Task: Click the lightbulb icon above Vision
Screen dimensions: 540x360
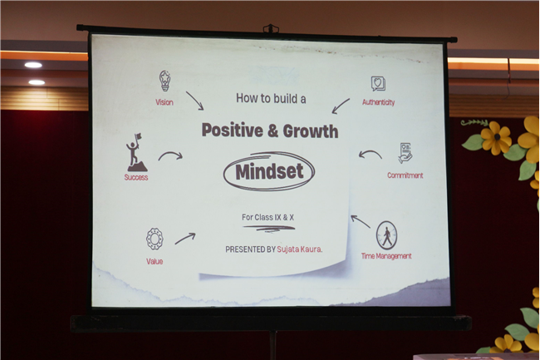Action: pos(165,81)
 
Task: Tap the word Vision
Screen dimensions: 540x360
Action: pos(164,102)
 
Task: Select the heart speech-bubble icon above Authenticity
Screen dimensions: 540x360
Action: pos(378,84)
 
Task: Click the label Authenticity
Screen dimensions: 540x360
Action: pos(378,102)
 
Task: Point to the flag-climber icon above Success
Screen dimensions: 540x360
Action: pos(137,153)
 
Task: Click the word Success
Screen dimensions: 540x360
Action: pos(136,177)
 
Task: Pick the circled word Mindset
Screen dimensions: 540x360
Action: pos(269,171)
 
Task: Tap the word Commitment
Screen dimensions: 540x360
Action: pos(405,175)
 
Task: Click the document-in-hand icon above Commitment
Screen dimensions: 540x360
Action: pos(405,153)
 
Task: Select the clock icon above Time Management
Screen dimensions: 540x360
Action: pos(386,235)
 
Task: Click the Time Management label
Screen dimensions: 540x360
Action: pos(386,256)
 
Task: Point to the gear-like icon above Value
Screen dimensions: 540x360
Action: pos(155,239)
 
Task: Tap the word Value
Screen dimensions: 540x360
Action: pos(155,261)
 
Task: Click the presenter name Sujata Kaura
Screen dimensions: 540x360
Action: pos(299,249)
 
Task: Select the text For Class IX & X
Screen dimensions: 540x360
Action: pos(268,217)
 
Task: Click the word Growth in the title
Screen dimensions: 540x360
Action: pos(311,131)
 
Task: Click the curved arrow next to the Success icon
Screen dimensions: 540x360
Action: pos(170,155)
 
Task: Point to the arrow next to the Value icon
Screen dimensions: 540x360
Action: pos(185,239)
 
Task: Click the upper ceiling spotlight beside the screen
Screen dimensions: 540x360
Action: pos(33,65)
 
